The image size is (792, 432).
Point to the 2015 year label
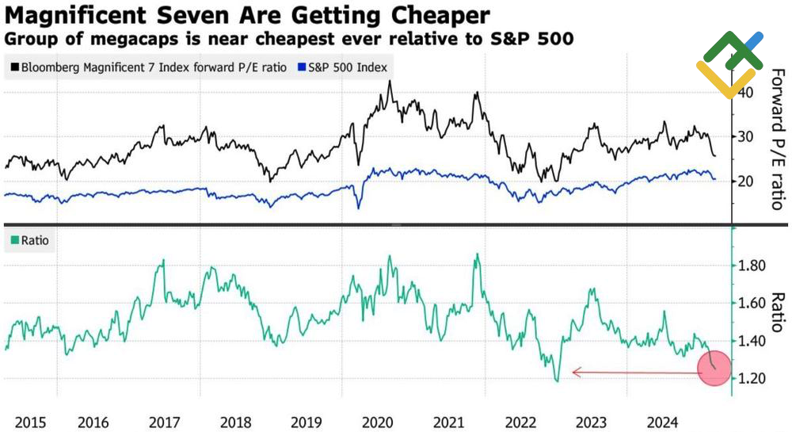tap(21, 422)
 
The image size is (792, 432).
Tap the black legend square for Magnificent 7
tap(15, 67)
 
